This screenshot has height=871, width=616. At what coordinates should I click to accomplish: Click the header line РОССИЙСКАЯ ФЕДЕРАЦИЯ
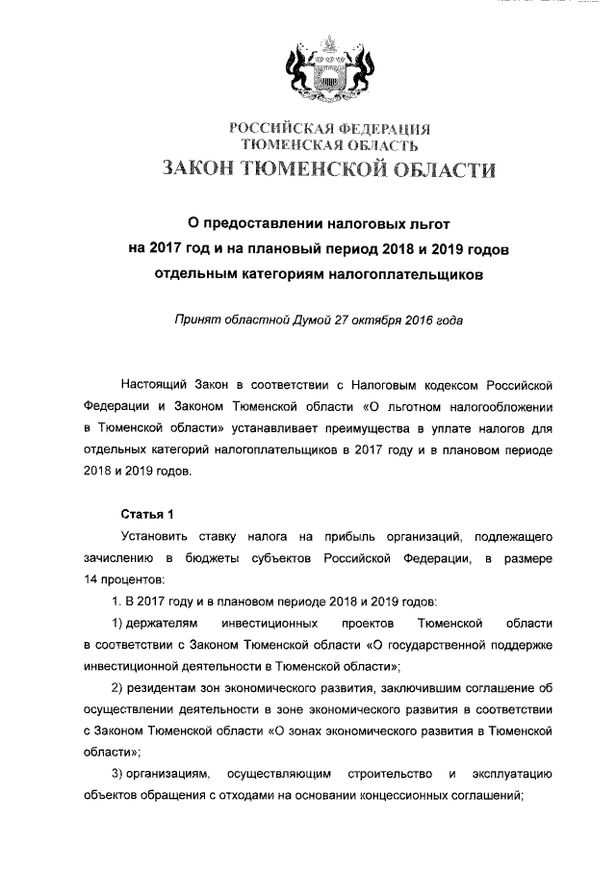(x=328, y=129)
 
